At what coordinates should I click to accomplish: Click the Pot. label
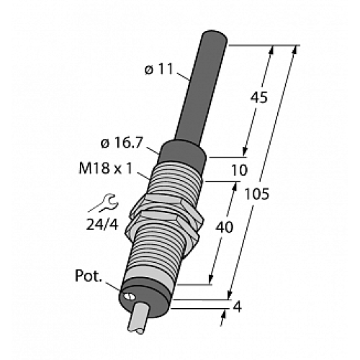point(90,276)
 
